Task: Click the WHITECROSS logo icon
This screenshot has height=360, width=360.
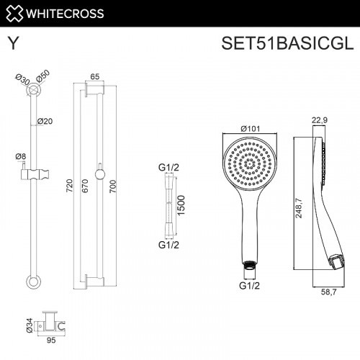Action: point(14,12)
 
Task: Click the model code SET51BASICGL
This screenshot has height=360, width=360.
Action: point(287,44)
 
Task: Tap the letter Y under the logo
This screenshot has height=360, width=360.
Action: point(13,44)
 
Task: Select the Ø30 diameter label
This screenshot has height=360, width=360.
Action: point(22,78)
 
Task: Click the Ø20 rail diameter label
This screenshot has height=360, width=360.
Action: point(45,120)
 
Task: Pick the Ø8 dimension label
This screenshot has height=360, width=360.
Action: point(20,156)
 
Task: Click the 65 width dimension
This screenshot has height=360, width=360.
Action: point(95,77)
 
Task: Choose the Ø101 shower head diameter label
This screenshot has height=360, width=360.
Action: point(250,129)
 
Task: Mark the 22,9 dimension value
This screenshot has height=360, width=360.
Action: point(321,120)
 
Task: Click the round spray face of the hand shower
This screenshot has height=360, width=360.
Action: point(250,165)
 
